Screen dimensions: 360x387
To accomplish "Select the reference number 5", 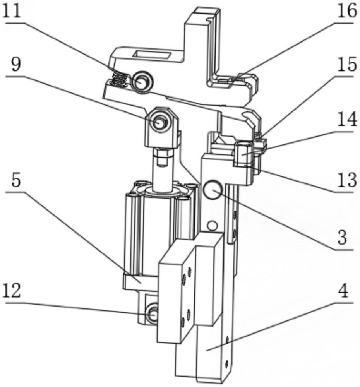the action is coord(16,181).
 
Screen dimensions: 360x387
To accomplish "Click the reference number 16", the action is coord(347,11).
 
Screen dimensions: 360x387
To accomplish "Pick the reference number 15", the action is coord(347,64).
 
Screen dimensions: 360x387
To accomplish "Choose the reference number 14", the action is coord(347,119).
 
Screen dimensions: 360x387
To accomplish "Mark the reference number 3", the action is coord(342,238).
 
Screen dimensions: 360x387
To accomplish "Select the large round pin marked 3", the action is coord(213,189).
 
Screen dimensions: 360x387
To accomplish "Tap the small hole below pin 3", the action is coord(213,225).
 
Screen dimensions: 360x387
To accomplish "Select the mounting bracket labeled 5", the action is coord(140,282).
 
